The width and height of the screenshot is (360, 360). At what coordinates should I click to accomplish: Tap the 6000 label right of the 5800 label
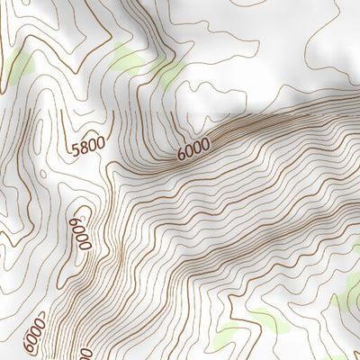point(193,148)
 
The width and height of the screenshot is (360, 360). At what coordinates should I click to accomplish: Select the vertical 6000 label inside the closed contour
point(81,232)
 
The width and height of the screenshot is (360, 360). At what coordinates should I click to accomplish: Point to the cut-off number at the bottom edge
point(86,354)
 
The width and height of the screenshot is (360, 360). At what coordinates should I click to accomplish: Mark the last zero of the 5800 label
point(100,144)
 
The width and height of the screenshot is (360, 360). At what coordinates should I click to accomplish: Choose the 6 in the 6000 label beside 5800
point(180,155)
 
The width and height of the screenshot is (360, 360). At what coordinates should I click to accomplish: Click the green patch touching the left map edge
point(20,65)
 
